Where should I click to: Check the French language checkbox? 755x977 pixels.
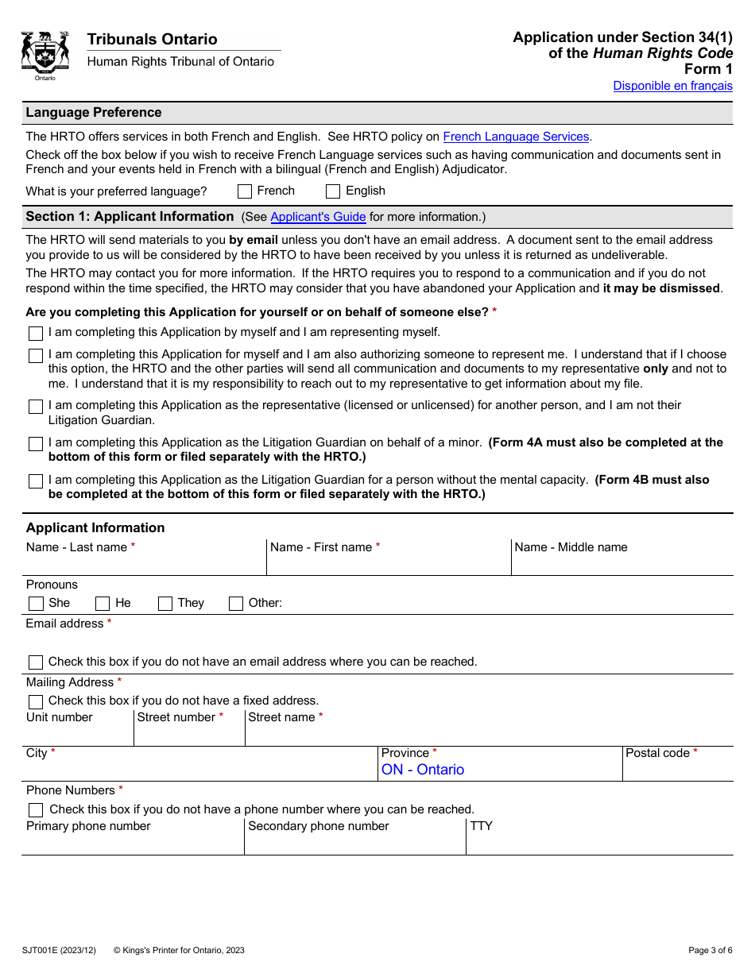coord(245,191)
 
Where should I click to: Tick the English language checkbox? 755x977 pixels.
coord(333,191)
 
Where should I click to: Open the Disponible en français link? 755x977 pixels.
coord(672,86)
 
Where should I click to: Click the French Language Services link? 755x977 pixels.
coord(516,137)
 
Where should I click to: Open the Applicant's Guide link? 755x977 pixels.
coord(318,217)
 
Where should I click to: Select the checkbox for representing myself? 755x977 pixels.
coord(36,334)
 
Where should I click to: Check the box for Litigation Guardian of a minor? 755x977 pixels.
coord(36,444)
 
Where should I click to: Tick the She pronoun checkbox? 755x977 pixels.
coord(36,604)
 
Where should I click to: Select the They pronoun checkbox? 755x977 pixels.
coord(165,604)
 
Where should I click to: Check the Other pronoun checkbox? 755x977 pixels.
coord(236,604)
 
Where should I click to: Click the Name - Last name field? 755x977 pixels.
coord(143,563)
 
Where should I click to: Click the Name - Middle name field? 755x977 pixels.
coord(621,563)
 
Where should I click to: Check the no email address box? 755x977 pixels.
coord(36,662)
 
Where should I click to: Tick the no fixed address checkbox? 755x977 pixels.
coord(36,702)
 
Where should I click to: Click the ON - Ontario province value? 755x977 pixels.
coord(423,770)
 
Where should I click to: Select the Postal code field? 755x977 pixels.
coord(676,770)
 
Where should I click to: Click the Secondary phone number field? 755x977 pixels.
coord(354,843)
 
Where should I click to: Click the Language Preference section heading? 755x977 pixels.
coord(94,113)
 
